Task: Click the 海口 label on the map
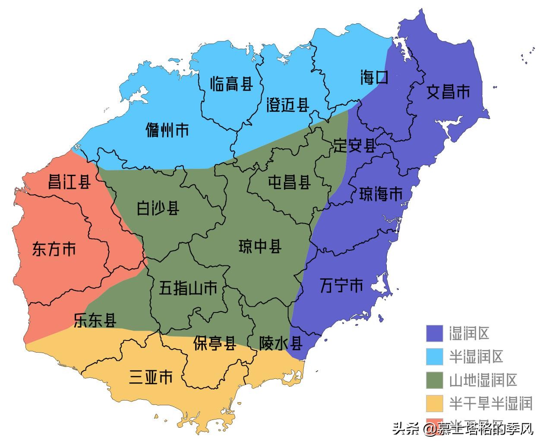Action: pos(374,78)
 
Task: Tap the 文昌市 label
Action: pos(448,91)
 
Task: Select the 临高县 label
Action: pos(231,83)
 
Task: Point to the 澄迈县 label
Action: pos(288,104)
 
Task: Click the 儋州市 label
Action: pos(167,130)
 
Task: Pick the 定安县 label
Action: pos(354,146)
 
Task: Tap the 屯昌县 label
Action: pos(289,182)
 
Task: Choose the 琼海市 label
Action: pos(381,194)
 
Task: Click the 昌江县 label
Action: pos(69,182)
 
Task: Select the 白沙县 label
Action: pos(158,208)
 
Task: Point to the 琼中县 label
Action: pos(260,246)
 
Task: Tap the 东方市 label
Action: pos(54,249)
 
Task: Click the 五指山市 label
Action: pos(188,288)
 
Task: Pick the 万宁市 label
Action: pos(341,285)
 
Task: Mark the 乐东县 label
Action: pos(95,320)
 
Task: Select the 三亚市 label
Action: pos(151,377)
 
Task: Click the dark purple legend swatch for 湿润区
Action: pos(435,333)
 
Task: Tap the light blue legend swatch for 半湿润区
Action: pos(435,357)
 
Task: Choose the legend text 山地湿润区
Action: pos(483,380)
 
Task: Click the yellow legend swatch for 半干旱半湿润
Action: pos(435,403)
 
